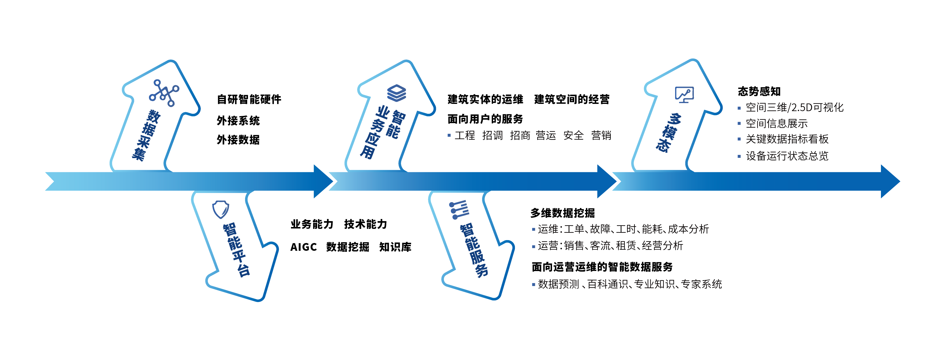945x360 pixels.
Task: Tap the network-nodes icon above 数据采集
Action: tap(164, 93)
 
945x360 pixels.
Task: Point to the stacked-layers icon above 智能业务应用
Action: tap(397, 93)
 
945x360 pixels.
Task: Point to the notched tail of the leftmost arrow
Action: tap(51, 181)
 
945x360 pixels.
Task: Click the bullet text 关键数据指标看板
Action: tap(787, 139)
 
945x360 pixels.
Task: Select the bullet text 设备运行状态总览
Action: tap(787, 156)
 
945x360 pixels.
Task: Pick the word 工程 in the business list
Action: tap(465, 135)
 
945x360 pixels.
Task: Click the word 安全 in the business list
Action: tap(573, 135)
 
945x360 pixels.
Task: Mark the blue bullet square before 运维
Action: tap(534, 229)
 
